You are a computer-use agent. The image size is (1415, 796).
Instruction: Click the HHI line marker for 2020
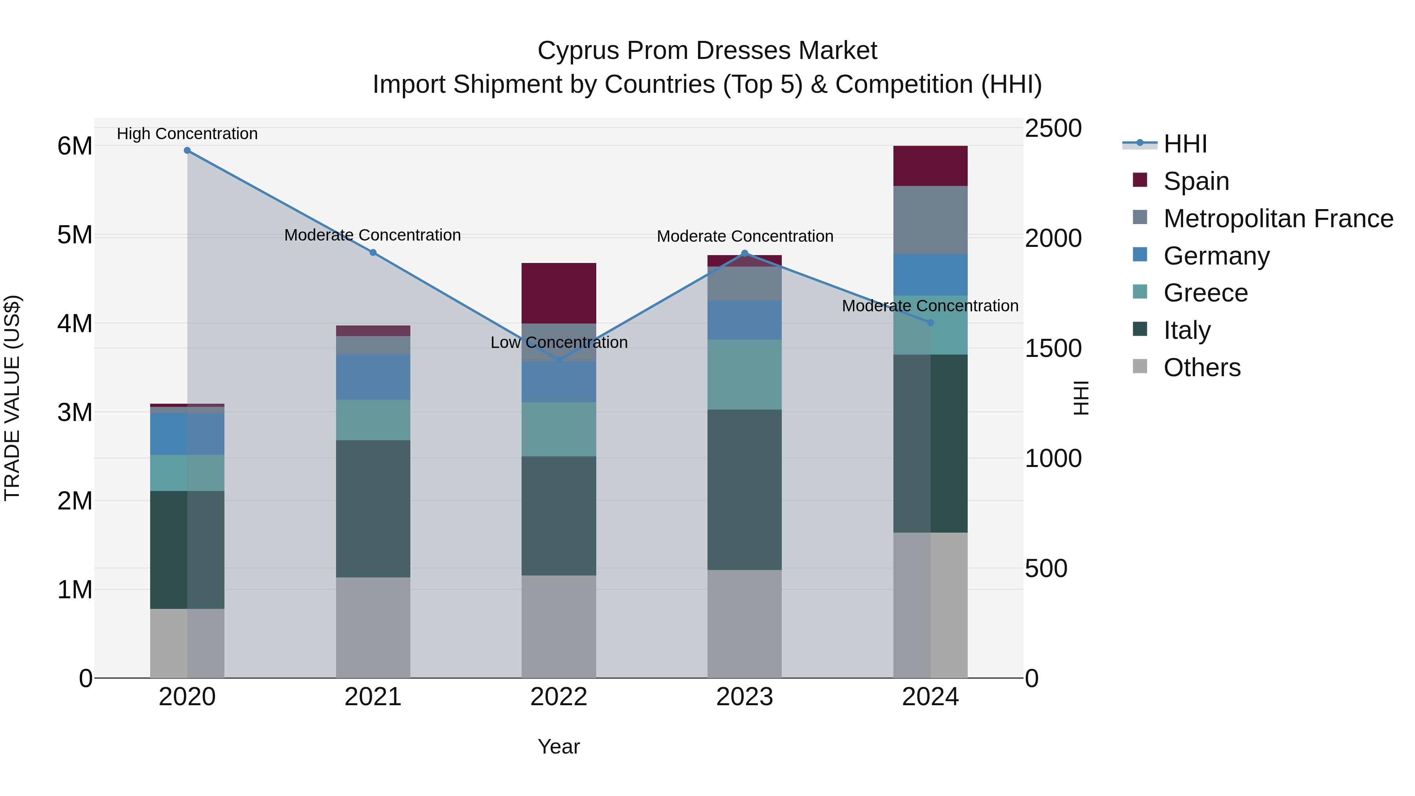point(187,151)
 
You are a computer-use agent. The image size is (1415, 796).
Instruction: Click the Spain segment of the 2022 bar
point(559,293)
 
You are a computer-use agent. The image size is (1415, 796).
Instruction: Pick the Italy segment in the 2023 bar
point(745,489)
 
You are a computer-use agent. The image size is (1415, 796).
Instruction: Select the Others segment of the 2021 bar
point(373,627)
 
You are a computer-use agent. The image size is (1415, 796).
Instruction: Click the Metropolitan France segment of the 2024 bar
point(930,220)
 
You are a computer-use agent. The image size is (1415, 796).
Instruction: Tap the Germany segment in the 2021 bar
point(373,377)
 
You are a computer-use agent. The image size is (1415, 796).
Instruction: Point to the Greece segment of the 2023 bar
point(745,375)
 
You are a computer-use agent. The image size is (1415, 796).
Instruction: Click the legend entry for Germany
point(1217,256)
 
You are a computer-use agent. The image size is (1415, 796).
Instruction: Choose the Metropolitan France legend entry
point(1278,219)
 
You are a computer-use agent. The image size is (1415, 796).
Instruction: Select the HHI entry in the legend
point(1185,144)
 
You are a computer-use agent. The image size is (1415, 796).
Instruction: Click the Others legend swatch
point(1140,366)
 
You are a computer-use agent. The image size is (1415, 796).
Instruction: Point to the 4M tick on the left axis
point(75,324)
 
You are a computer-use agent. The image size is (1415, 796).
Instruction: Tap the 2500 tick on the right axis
point(1053,129)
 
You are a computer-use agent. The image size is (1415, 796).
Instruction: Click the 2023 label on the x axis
point(745,697)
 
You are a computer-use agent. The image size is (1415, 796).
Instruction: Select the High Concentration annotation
point(187,134)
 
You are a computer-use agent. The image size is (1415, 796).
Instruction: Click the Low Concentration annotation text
point(559,342)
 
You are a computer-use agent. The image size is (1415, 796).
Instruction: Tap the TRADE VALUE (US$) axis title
point(12,398)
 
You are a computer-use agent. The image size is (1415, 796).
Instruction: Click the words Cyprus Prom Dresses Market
point(707,51)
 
